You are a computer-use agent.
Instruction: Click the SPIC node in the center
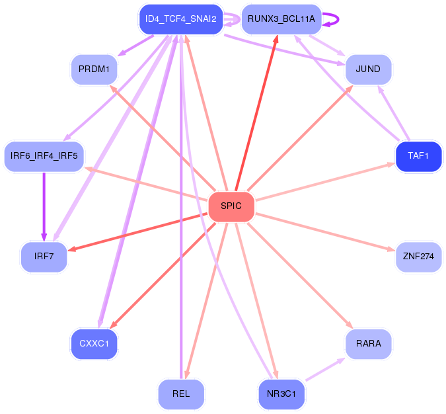coord(231,206)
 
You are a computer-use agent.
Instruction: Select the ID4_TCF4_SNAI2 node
coord(181,19)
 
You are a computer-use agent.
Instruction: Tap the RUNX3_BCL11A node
coord(281,19)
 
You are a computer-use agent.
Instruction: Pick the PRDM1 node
coord(94,69)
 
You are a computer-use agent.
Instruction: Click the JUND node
coord(368,69)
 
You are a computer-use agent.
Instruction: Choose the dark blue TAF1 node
coord(418,156)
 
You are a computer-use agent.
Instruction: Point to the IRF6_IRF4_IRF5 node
coord(44,156)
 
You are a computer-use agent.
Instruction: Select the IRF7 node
coord(44,257)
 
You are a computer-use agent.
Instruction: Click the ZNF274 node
coord(418,257)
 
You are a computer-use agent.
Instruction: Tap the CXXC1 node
coord(94,344)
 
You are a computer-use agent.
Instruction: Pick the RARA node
coord(368,344)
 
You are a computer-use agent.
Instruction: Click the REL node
coord(181,394)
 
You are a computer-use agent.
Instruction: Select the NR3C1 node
coord(281,394)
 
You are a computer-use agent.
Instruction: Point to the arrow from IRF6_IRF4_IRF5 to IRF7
coord(44,207)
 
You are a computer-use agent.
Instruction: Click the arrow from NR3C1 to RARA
coord(325,369)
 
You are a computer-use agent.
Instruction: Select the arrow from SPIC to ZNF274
coord(325,231)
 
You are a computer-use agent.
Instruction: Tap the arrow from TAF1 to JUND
coord(393,113)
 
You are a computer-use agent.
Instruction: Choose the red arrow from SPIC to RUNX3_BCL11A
coord(256,112)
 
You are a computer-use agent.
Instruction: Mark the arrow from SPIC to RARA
coord(300,276)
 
